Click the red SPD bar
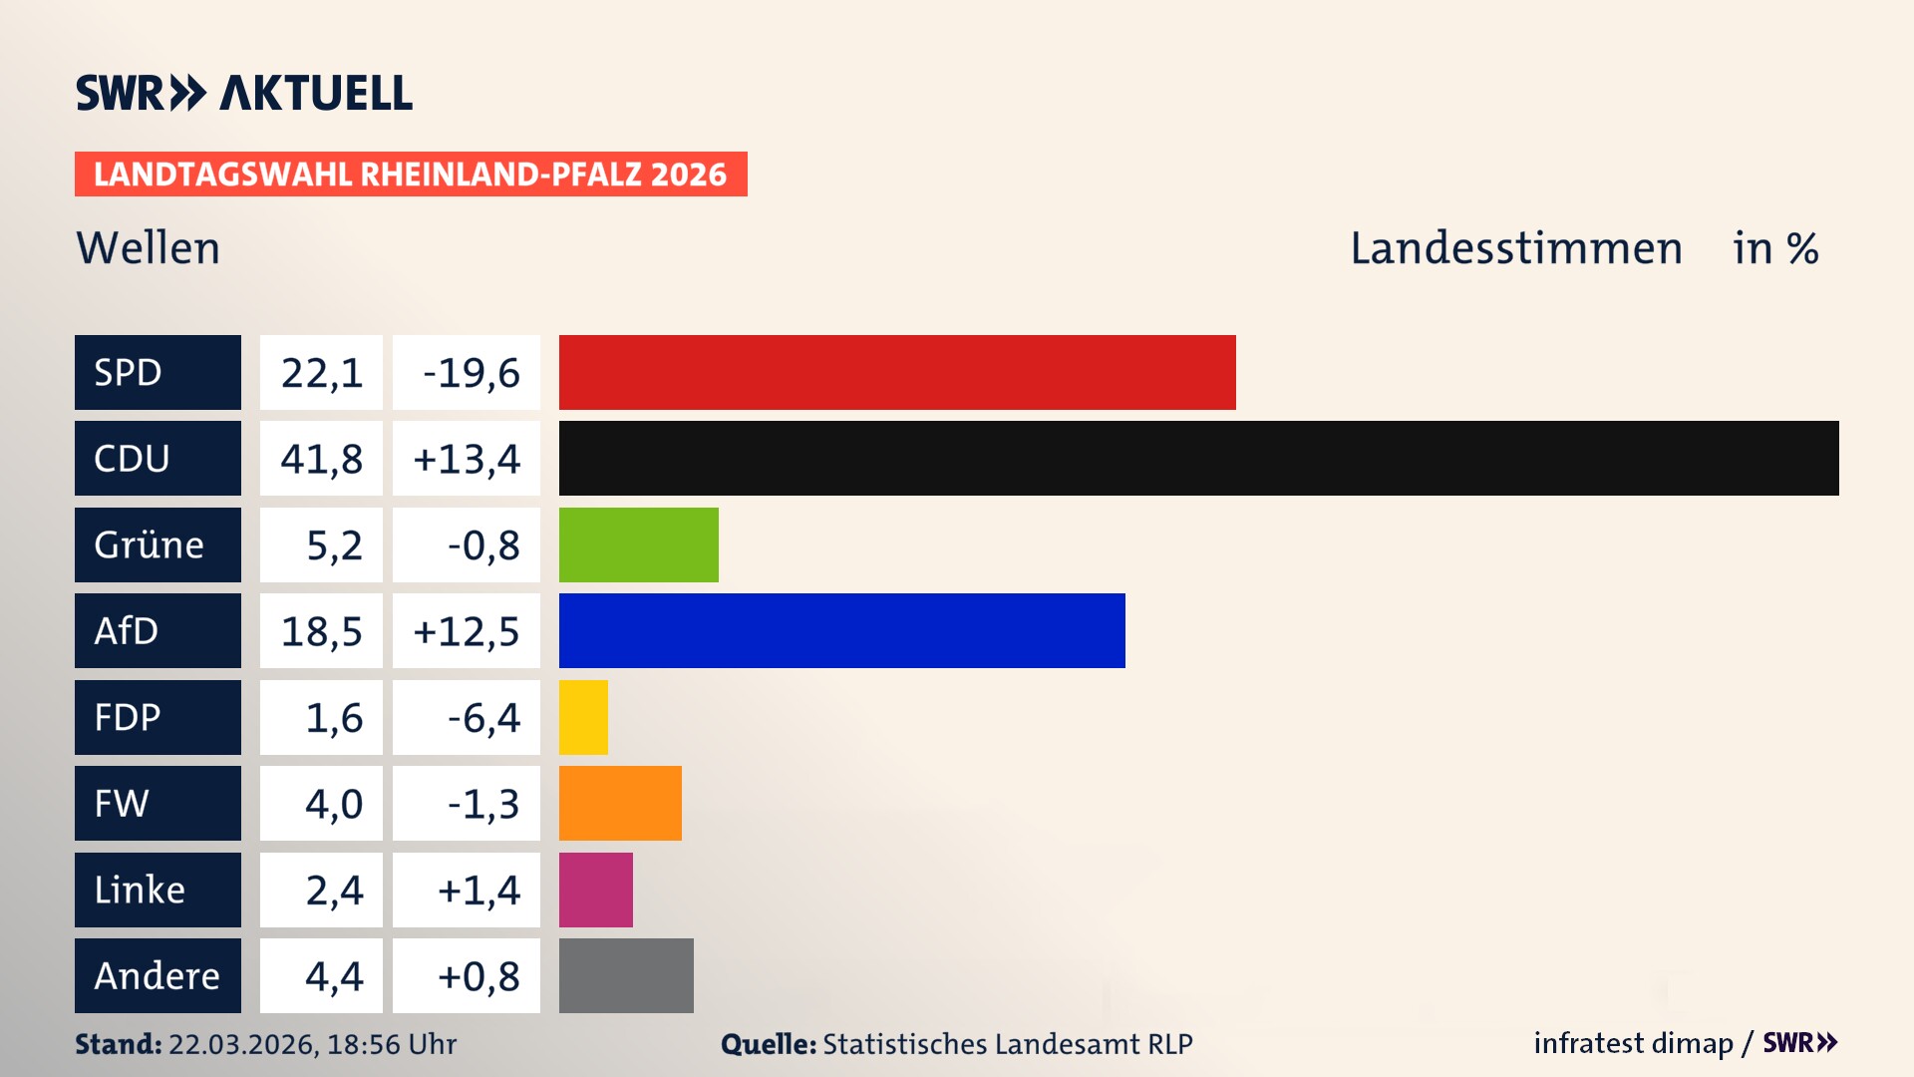click(x=897, y=372)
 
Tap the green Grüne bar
click(x=638, y=544)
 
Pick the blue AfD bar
click(x=841, y=630)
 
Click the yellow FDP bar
click(x=583, y=717)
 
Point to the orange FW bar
click(x=620, y=803)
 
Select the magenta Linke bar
click(x=595, y=890)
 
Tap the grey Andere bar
click(x=626, y=975)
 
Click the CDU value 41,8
click(x=321, y=459)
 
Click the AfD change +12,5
click(x=467, y=631)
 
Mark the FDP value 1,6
click(x=333, y=718)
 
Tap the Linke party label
click(x=140, y=890)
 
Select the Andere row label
click(x=157, y=975)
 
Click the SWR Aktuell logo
click(x=244, y=93)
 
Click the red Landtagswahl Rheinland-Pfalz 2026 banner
click(x=411, y=175)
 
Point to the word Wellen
click(x=149, y=248)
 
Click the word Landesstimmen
click(x=1515, y=248)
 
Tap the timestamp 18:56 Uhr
click(x=391, y=1044)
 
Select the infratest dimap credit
click(x=1633, y=1043)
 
